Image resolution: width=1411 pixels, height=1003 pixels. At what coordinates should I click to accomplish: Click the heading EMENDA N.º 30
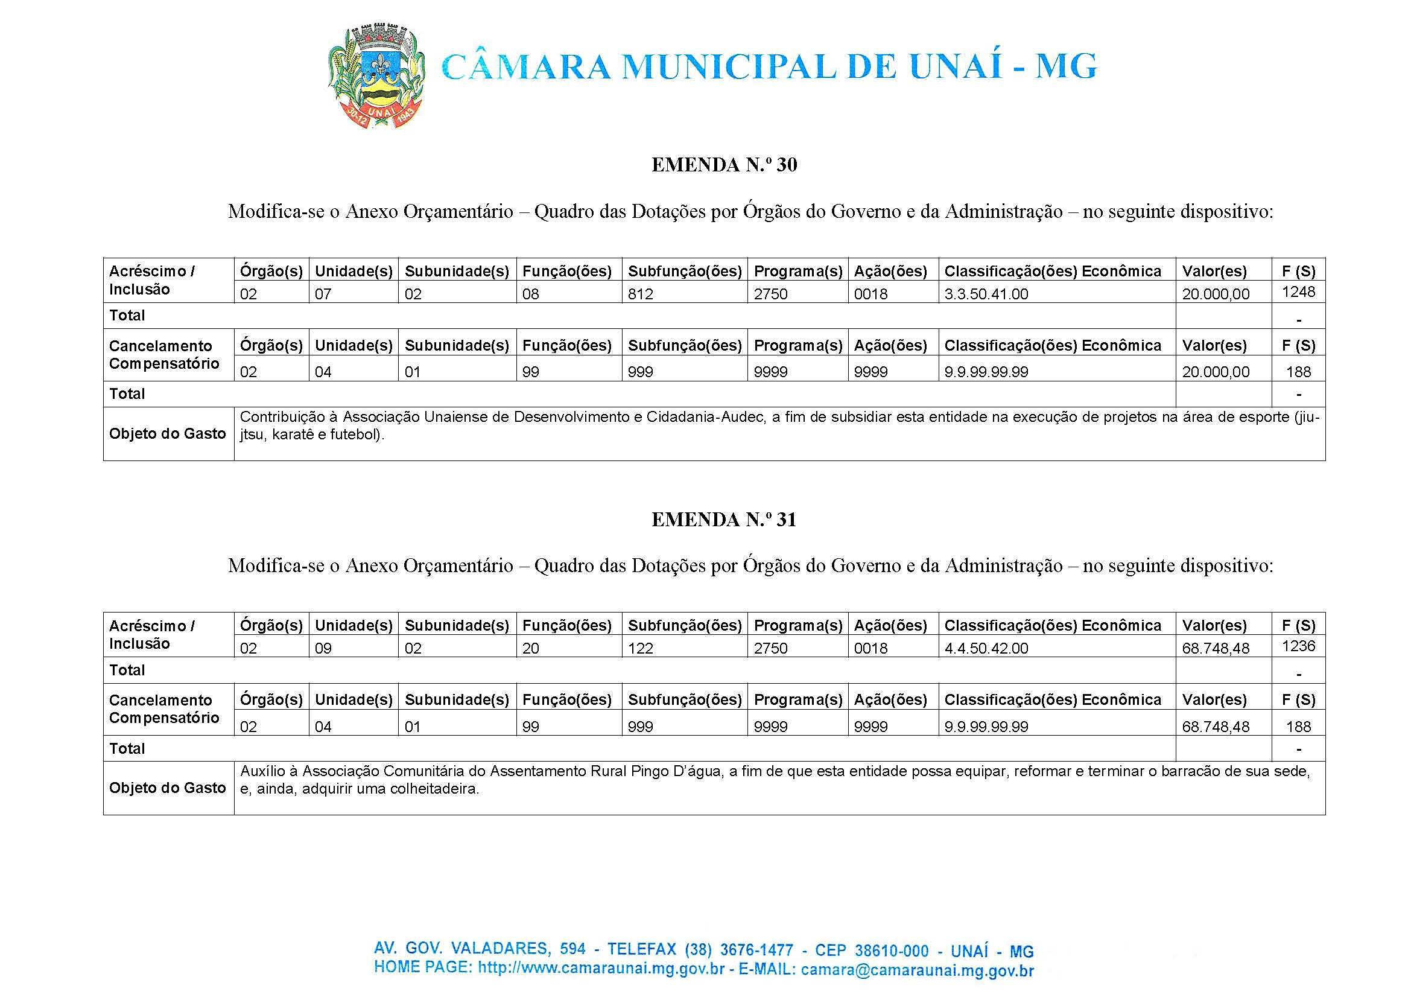pyautogui.click(x=724, y=165)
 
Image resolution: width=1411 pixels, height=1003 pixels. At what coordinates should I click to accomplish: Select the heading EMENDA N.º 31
pyautogui.click(x=724, y=520)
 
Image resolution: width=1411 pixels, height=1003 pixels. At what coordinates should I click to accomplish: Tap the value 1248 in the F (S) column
pyautogui.click(x=1298, y=291)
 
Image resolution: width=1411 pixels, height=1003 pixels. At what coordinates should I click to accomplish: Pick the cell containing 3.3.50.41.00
pyautogui.click(x=986, y=294)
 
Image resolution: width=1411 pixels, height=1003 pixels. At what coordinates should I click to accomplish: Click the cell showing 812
pyautogui.click(x=640, y=294)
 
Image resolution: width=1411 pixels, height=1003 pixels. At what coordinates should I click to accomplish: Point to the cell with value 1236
pyautogui.click(x=1298, y=646)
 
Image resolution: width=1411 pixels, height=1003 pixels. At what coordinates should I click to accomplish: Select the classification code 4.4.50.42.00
pyautogui.click(x=986, y=649)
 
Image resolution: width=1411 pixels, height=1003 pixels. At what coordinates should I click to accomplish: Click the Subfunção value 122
pyautogui.click(x=640, y=649)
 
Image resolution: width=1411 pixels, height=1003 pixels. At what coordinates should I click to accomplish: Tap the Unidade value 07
pyautogui.click(x=323, y=294)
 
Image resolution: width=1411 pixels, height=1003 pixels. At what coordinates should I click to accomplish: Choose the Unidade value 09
pyautogui.click(x=323, y=649)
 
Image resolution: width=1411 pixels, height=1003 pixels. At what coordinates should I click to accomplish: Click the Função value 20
pyautogui.click(x=530, y=649)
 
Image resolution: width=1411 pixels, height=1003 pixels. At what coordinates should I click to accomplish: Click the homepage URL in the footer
pyautogui.click(x=601, y=969)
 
